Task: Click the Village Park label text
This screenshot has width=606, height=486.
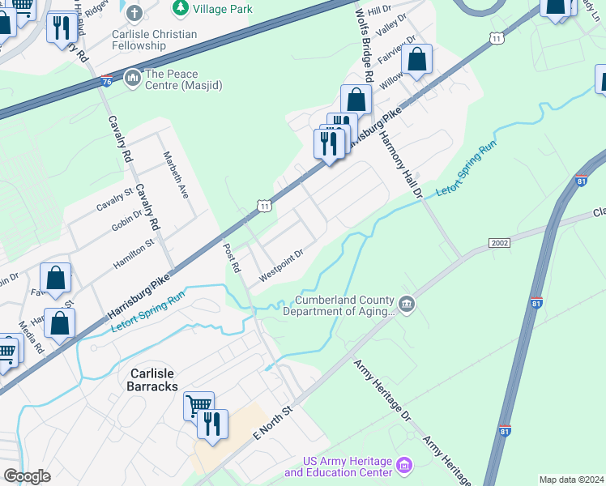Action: point(223,9)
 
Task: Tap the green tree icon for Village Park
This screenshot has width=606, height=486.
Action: point(181,9)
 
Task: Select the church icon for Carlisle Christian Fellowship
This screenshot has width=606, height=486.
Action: point(134,13)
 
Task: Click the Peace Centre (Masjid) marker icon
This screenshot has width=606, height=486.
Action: point(131,78)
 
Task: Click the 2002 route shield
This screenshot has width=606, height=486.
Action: point(500,243)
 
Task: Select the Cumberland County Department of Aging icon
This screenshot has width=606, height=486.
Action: point(408,305)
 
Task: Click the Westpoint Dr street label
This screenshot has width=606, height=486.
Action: point(280,266)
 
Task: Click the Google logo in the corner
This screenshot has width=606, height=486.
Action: point(28,476)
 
